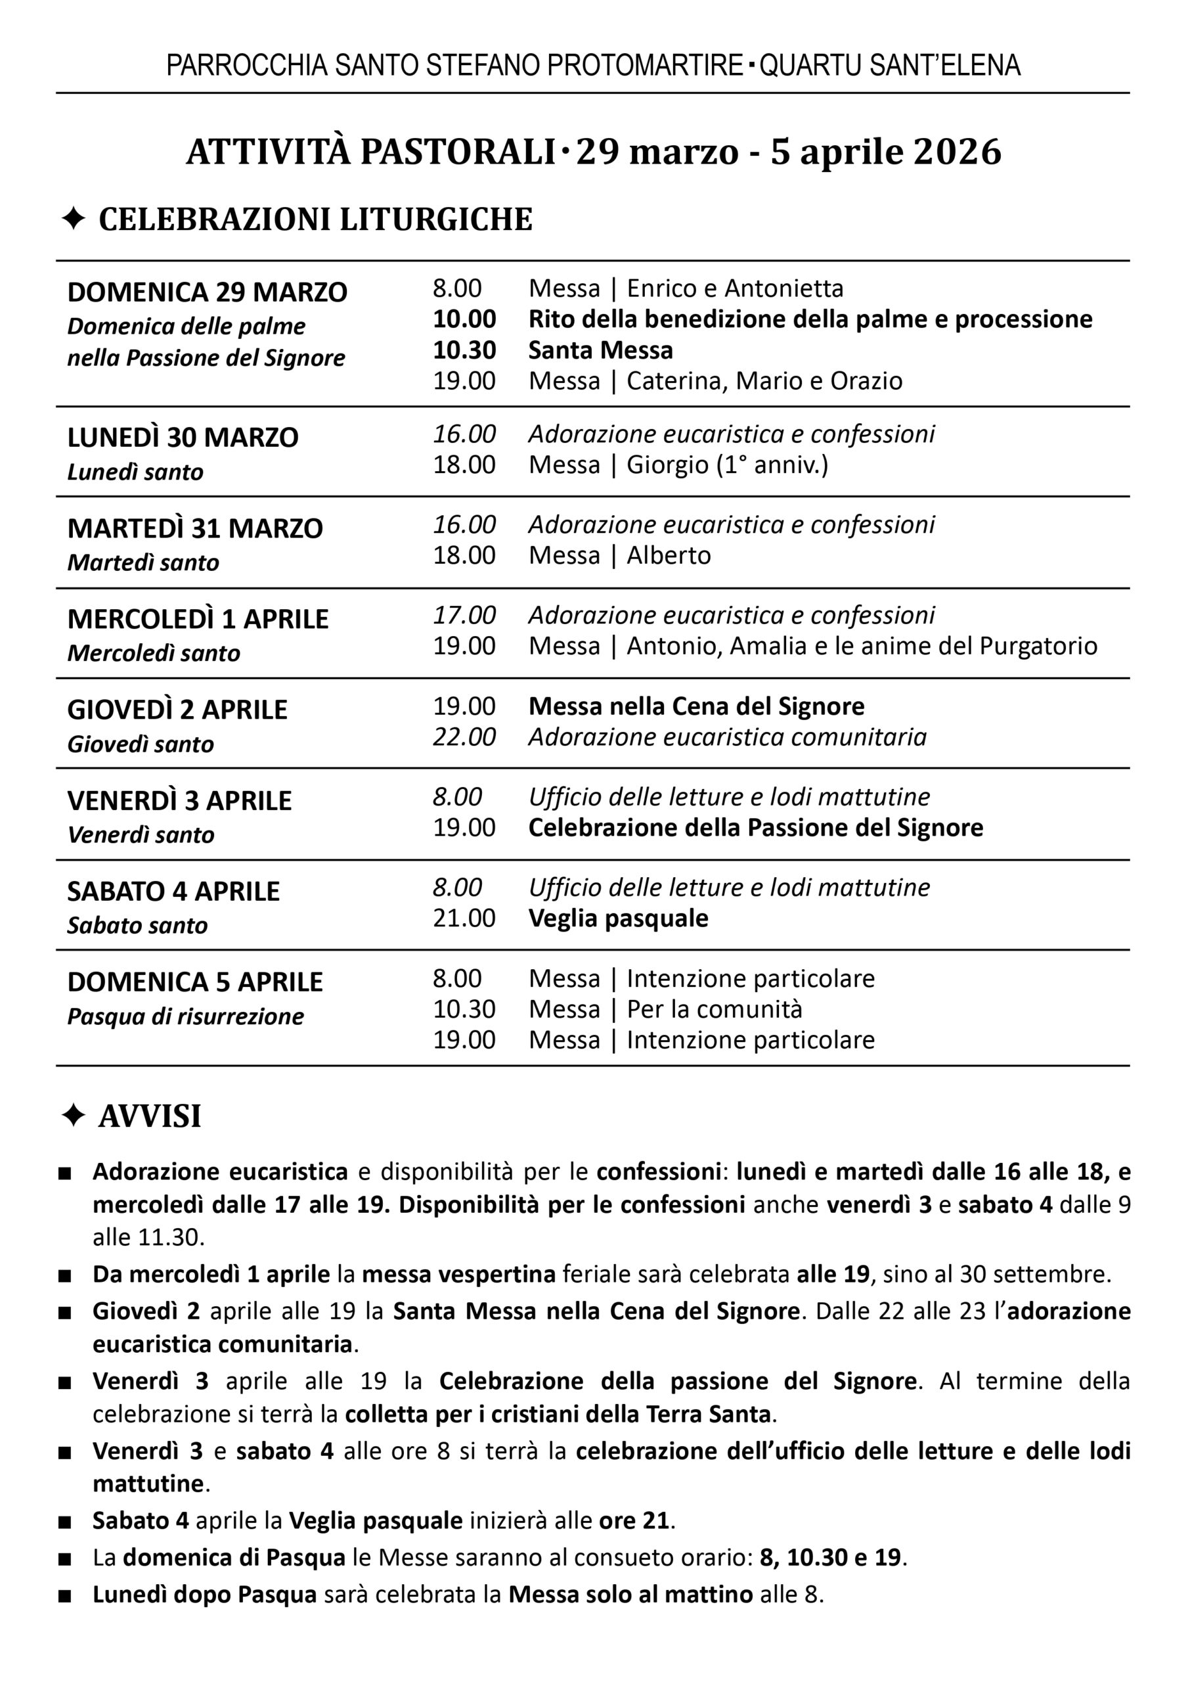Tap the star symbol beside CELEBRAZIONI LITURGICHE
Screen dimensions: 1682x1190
pos(74,218)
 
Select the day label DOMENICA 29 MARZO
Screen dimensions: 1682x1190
pos(208,292)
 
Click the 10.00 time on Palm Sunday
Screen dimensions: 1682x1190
pos(464,319)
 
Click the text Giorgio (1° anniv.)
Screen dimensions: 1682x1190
pos(727,465)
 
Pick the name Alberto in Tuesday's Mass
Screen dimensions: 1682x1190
pos(669,556)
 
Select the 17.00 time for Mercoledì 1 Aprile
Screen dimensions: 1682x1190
pos(464,615)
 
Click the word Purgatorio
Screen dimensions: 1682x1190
pos(1038,646)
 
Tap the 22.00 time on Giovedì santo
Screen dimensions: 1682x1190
pos(464,737)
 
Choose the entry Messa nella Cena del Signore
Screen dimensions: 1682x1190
pos(696,706)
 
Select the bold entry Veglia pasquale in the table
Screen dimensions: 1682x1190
pos(619,919)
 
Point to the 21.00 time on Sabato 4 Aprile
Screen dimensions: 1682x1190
pos(464,919)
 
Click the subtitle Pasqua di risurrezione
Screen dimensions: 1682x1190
pos(185,1016)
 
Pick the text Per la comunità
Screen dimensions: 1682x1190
pos(715,1009)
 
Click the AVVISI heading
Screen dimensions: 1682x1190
pos(150,1116)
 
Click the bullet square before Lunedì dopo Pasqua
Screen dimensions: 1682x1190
pos(65,1595)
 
